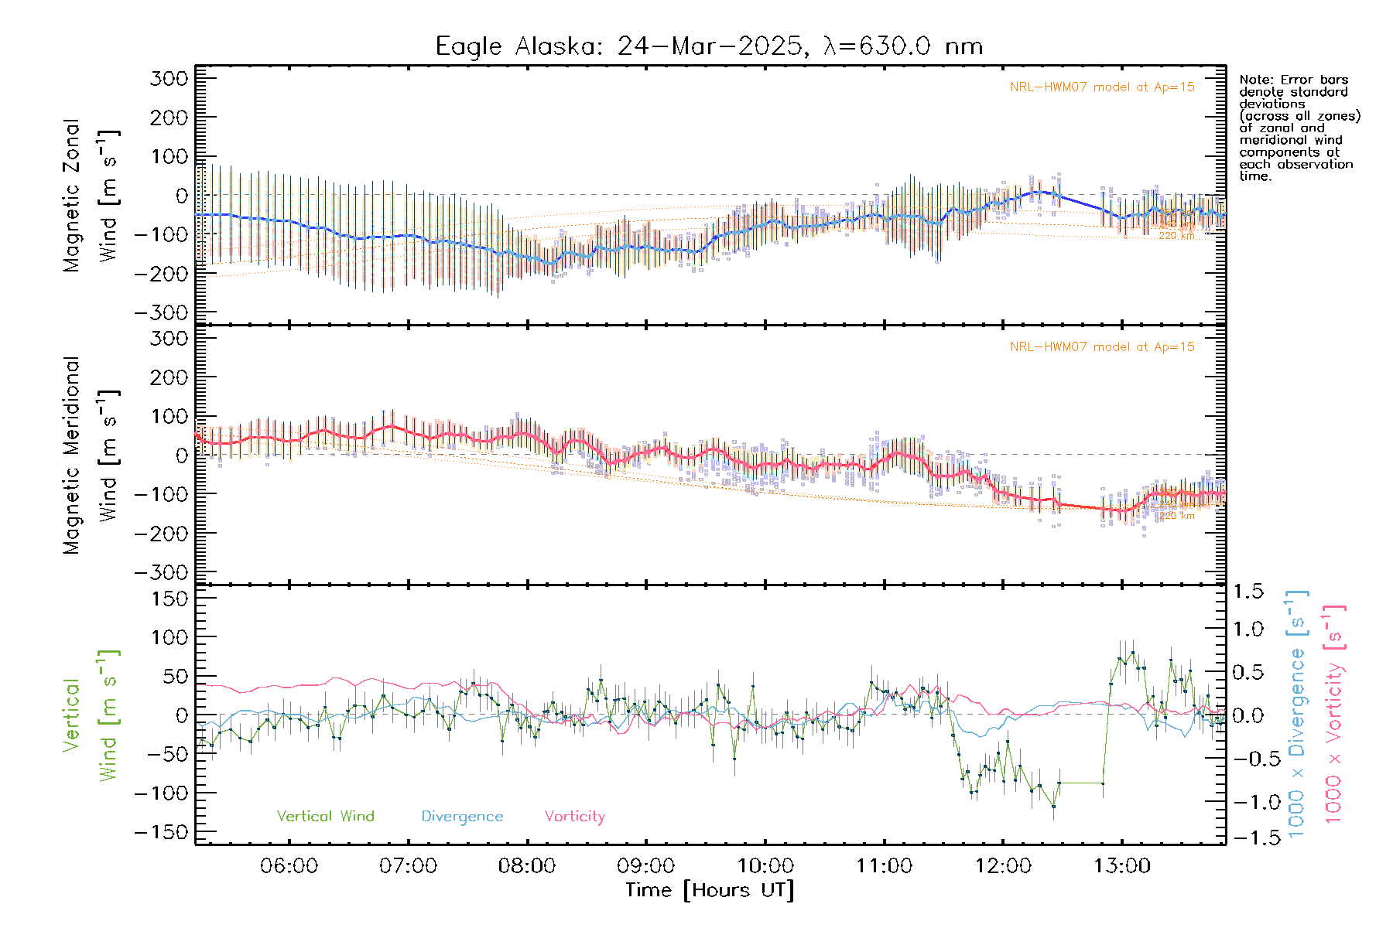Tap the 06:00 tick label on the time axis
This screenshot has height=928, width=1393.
pos(289,866)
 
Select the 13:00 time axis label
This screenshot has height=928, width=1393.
pos(1122,866)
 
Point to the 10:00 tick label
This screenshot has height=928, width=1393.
pos(765,866)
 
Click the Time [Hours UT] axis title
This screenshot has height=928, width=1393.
pos(710,890)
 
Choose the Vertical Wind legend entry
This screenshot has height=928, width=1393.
pos(325,816)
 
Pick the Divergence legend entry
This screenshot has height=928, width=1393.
pos(462,816)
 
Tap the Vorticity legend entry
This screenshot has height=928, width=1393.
pos(574,816)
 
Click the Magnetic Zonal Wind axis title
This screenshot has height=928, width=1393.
pos(91,195)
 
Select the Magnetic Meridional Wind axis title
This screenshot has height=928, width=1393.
pos(91,455)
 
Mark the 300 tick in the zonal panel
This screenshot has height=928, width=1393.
pos(169,78)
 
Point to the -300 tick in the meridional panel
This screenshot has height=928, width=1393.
pos(162,572)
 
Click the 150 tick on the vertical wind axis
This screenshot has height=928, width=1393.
pos(169,599)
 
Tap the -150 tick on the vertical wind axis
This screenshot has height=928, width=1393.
pos(162,832)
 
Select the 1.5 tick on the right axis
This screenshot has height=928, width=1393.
pos(1248,592)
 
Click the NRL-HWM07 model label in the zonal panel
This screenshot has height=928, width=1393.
pos(1102,87)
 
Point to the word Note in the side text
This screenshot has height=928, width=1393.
pos(1254,80)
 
